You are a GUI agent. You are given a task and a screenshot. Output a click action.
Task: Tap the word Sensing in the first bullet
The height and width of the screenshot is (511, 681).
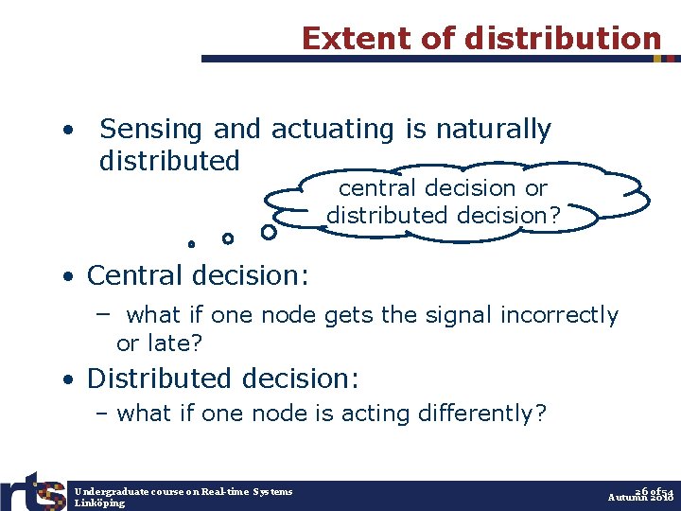152,129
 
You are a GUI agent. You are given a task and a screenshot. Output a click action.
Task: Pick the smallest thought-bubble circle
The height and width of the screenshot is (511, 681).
191,244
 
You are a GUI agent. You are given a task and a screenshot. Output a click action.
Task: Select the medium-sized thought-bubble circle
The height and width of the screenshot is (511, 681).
227,238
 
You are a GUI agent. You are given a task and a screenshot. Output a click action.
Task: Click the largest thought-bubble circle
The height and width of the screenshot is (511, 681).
269,231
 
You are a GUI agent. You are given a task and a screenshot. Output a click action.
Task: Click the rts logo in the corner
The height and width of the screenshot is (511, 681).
34,489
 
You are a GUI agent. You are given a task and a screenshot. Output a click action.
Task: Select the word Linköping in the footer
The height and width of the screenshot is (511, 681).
100,502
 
